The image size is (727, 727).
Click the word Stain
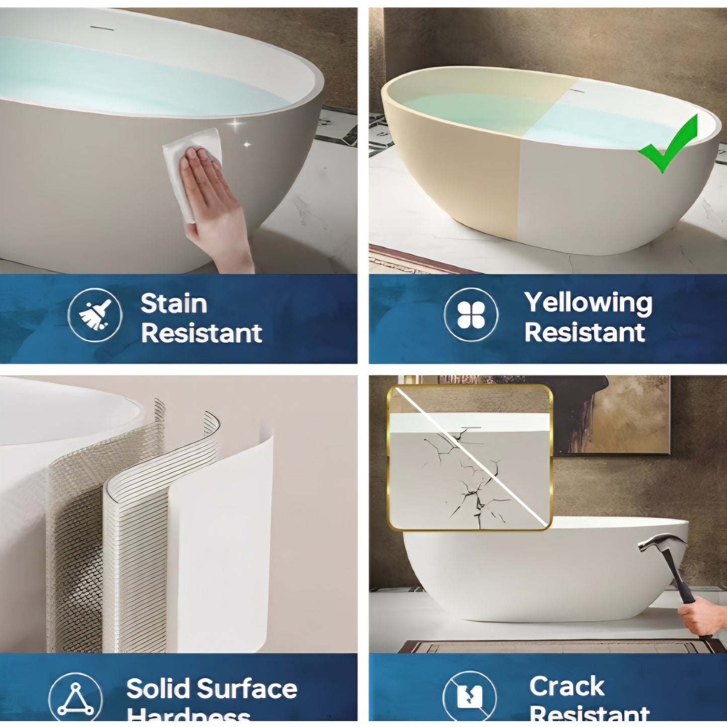click(x=174, y=304)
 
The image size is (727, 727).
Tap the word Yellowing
click(x=588, y=303)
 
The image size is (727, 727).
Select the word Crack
click(x=567, y=686)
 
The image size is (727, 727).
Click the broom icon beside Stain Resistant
click(x=95, y=315)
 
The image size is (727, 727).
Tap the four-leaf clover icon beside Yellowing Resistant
click(x=471, y=315)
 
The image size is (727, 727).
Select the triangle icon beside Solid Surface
click(x=75, y=699)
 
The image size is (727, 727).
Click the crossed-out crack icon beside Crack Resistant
click(x=469, y=697)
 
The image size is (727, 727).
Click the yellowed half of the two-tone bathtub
click(x=453, y=166)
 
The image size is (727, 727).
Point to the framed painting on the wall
click(x=629, y=413)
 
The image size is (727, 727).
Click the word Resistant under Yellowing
click(x=585, y=333)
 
